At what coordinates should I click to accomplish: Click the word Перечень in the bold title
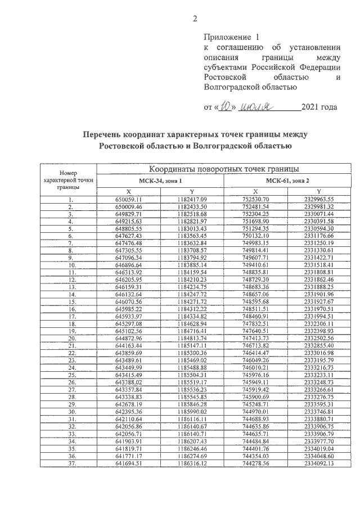pos(104,135)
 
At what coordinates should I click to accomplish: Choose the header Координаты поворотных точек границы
pos(223,169)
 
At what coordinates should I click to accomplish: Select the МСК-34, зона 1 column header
pos(161,180)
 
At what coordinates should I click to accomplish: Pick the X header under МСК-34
pos(129,191)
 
